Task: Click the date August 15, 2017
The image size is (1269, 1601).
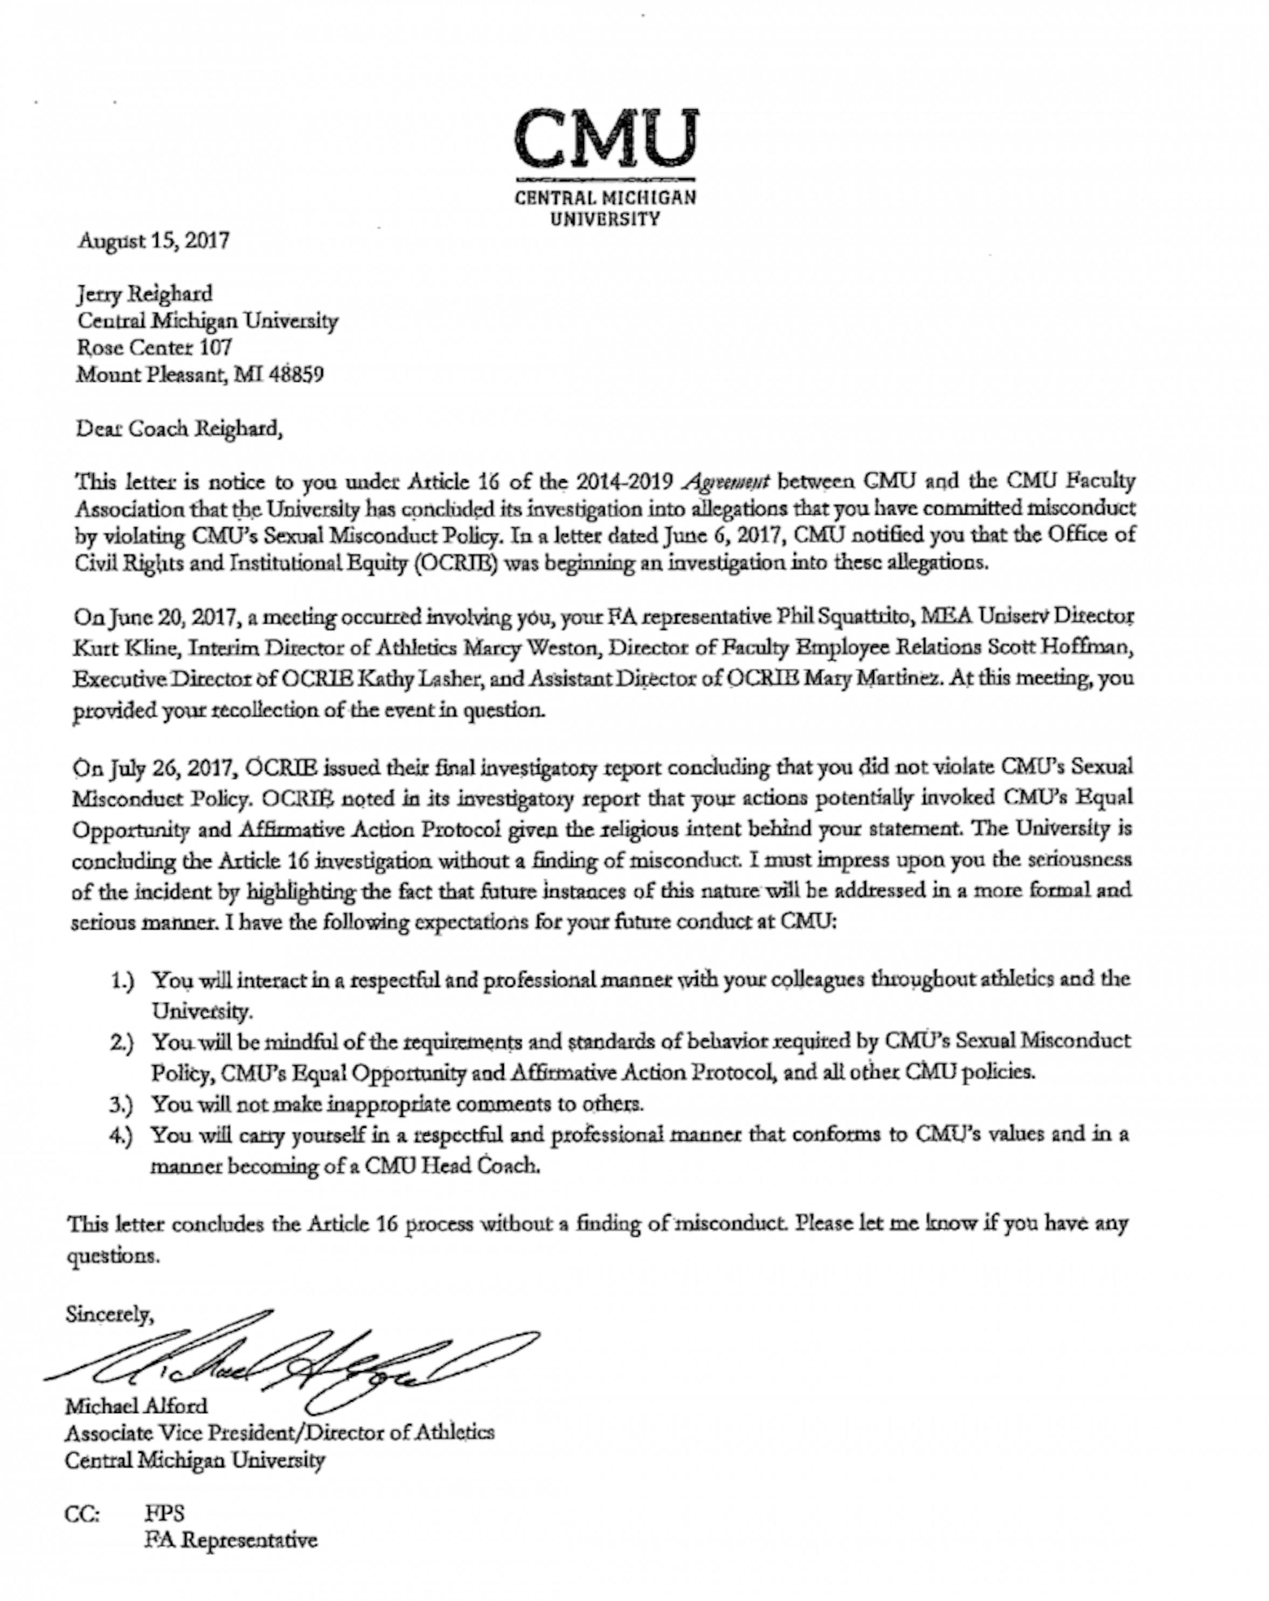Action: coord(154,241)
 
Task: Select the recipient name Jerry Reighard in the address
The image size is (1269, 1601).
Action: coord(144,295)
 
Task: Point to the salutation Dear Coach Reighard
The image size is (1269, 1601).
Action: coord(179,429)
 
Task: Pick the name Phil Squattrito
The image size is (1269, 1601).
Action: coord(843,617)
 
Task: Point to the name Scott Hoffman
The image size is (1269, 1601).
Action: coord(1059,647)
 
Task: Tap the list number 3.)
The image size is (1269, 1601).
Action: coord(121,1104)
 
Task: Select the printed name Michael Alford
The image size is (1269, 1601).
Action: coord(136,1406)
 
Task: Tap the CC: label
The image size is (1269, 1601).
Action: coord(82,1513)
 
